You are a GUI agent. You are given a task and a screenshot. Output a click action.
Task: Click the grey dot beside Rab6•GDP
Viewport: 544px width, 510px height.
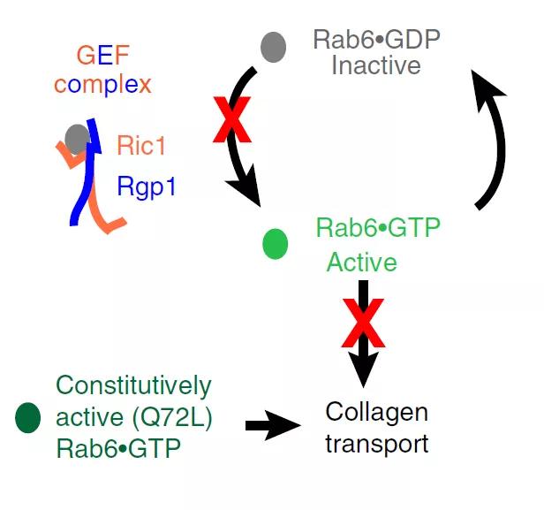coord(274,47)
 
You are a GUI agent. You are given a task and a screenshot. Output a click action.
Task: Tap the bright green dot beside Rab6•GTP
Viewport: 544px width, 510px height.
coord(276,243)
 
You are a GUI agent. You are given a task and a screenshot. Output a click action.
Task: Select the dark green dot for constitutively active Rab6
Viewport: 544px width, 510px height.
coord(28,417)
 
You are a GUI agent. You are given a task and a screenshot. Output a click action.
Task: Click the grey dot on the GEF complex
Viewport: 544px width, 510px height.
coord(77,138)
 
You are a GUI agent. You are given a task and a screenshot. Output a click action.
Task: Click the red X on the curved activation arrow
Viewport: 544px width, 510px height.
coord(232,121)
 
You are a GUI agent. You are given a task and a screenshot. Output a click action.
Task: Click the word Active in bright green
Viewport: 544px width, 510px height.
coord(362,263)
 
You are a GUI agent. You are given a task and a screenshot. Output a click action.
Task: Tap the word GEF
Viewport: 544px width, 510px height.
coord(102,57)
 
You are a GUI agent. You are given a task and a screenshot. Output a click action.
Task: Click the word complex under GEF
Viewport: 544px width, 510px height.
coord(102,85)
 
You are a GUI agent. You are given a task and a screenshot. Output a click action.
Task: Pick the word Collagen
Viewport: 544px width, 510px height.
coord(376,412)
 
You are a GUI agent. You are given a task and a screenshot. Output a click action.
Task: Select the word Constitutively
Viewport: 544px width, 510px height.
coord(133,386)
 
